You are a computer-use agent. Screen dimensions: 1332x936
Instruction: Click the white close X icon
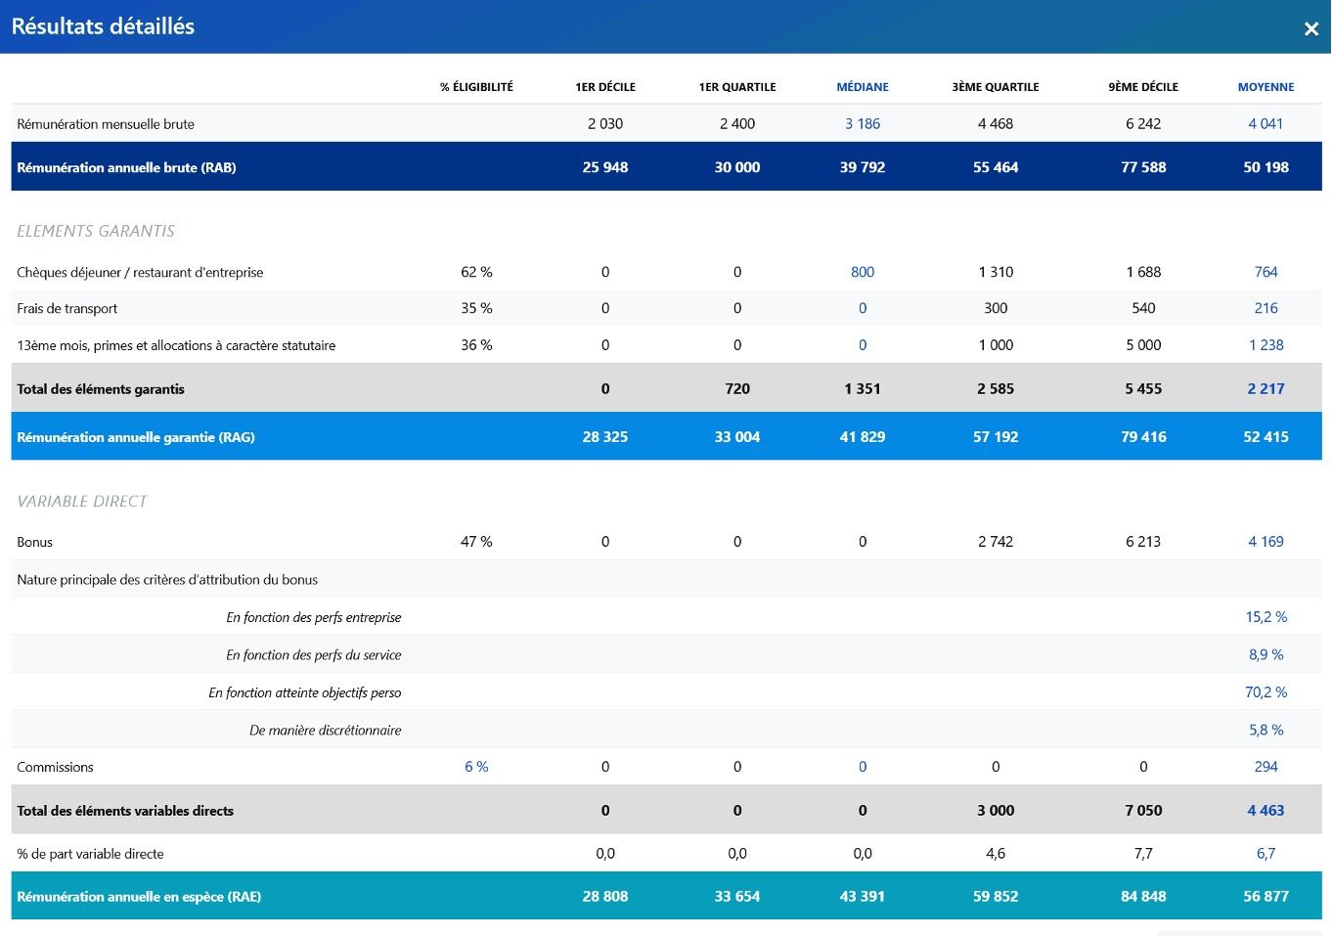coord(1310,28)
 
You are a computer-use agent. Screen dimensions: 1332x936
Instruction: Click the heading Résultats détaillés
coord(103,26)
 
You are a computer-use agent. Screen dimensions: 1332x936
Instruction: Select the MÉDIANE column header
coord(863,87)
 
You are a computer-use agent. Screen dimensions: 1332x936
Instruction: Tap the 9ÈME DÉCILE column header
coord(1143,87)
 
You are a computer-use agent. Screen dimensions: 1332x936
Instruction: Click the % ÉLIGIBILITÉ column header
coord(476,87)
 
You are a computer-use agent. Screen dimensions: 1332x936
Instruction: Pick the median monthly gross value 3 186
coord(863,123)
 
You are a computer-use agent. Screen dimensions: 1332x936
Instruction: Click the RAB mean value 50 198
coord(1265,167)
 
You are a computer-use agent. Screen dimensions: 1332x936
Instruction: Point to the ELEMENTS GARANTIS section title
coord(96,231)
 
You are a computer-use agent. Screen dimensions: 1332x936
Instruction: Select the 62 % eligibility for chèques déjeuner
coord(476,272)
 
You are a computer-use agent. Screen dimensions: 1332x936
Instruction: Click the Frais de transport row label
coord(67,308)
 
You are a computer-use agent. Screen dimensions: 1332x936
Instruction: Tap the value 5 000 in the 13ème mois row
coord(1143,345)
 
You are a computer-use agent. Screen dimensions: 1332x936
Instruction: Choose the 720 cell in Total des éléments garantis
coord(736,389)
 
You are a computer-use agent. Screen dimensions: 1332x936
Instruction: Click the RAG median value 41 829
coord(863,437)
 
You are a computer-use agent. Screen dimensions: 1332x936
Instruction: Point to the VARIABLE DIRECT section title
coord(82,502)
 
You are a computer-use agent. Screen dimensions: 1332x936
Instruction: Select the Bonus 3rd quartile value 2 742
coord(996,542)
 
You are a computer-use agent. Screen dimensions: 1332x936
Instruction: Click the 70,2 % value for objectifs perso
coord(1265,692)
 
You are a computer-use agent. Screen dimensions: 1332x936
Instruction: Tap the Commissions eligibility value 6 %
coord(476,767)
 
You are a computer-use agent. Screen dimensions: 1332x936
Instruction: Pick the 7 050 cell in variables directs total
coord(1143,811)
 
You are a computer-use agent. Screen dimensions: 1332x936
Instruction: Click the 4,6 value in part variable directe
coord(996,854)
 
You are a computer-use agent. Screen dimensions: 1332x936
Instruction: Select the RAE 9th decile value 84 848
coord(1143,896)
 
